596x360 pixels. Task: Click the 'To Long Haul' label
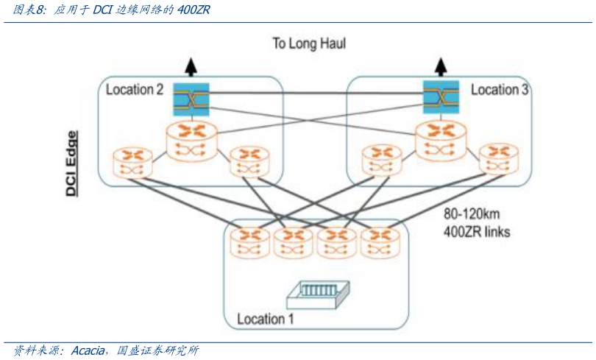[309, 44]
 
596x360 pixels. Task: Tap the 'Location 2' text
[135, 90]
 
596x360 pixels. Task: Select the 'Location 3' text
[500, 90]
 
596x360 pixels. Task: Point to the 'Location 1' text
[265, 319]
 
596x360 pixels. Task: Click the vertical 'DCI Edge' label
[72, 164]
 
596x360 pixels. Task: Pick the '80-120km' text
[474, 215]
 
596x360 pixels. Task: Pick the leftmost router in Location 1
[250, 241]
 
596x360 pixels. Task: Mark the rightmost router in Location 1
[380, 241]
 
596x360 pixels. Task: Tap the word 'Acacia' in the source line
[90, 351]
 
